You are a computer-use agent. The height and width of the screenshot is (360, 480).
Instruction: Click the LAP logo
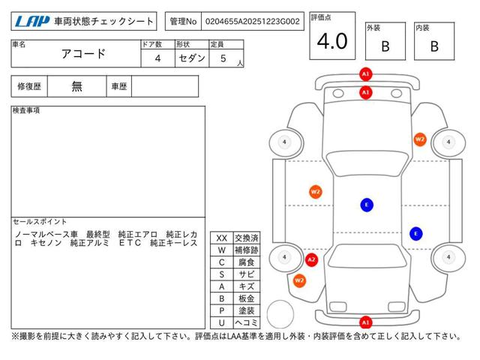31,22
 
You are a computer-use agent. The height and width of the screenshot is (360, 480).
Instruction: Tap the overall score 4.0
332,41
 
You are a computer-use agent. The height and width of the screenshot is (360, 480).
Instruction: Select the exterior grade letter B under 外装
385,46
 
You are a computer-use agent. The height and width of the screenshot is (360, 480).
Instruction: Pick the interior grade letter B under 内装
434,46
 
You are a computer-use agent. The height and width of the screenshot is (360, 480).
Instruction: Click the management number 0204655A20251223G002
253,22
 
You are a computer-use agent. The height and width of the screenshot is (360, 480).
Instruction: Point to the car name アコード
83,54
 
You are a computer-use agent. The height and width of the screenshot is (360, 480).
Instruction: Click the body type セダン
192,58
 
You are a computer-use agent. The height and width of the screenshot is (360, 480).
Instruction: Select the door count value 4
157,58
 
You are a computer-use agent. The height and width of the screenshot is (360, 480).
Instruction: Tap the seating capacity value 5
223,58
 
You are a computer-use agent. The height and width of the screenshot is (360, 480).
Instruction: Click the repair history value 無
76,86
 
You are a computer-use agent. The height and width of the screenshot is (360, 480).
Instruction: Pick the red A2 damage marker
311,260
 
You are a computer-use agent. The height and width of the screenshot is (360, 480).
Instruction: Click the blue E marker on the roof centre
367,205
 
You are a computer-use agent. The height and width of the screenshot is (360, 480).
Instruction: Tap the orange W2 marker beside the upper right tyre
420,139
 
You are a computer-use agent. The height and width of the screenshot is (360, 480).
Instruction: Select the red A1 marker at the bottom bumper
365,322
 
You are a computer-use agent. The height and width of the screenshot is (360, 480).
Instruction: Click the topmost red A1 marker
365,74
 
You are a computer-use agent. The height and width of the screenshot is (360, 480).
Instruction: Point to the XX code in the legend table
222,238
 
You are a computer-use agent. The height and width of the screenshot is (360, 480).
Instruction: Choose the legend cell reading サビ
247,274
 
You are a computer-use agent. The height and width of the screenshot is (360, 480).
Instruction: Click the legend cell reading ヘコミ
247,322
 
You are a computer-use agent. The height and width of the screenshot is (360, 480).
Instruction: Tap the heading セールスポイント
40,221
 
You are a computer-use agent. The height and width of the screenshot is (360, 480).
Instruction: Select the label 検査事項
26,110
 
